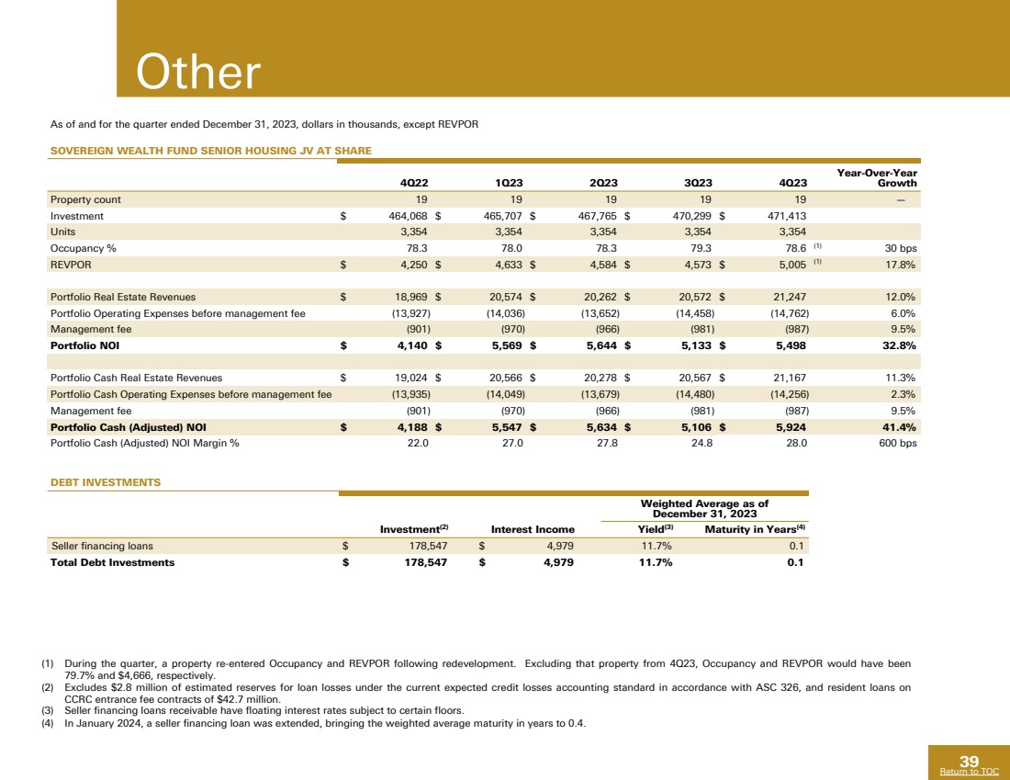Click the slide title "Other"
[x=198, y=73]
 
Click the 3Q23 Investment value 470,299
[x=690, y=216]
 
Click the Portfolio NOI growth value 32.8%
[x=898, y=346]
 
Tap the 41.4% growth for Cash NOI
[x=898, y=426]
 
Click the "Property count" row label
[x=85, y=199]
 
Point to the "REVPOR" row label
[x=71, y=266]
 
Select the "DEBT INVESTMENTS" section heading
[x=105, y=481]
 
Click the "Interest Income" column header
[x=533, y=529]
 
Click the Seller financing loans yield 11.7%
[x=655, y=546]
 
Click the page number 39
[x=969, y=761]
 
